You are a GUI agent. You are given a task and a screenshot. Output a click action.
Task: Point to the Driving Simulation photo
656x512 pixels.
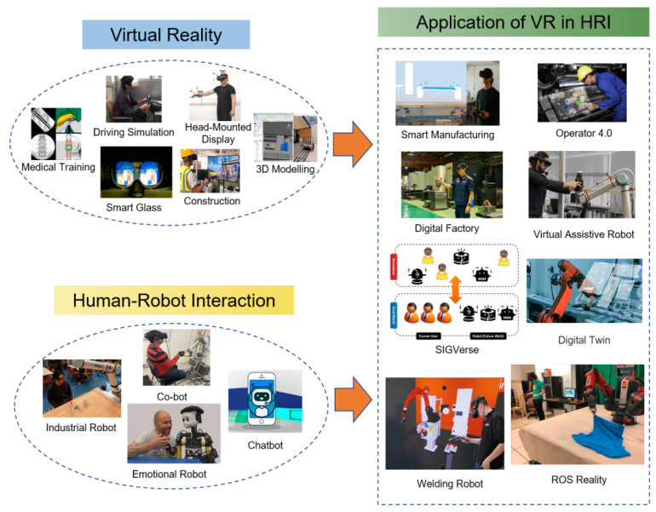click(x=133, y=101)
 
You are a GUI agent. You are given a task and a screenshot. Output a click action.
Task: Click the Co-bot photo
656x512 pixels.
click(x=176, y=358)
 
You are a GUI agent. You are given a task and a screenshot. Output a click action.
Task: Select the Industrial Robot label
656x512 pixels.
click(x=80, y=427)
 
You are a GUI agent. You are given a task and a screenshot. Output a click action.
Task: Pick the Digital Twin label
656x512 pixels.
click(x=580, y=340)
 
